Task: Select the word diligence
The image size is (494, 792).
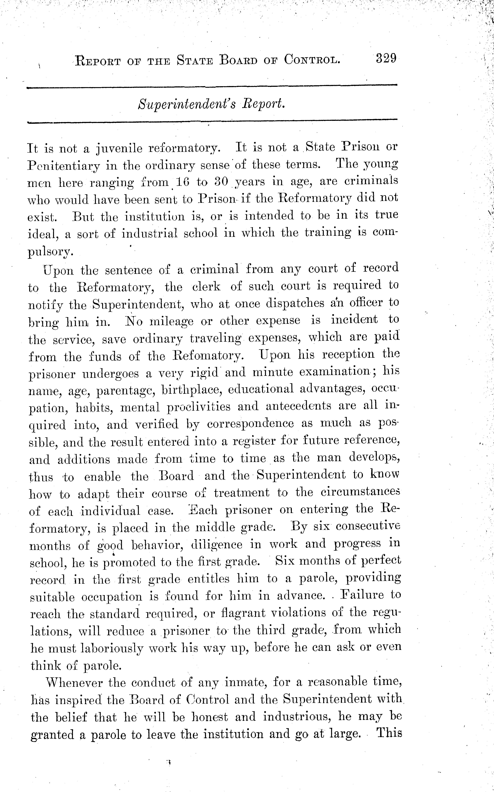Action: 216,544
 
